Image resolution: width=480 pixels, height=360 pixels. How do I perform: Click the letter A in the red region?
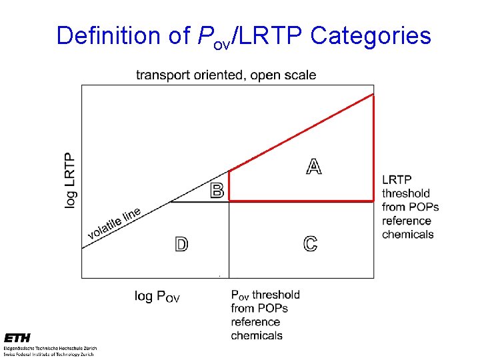(x=313, y=166)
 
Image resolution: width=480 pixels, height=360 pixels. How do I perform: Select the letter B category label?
(x=217, y=191)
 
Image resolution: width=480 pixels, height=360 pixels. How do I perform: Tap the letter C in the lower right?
(x=310, y=244)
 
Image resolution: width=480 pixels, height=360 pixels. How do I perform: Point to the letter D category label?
(x=181, y=245)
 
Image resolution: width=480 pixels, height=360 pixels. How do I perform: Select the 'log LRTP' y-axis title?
(x=70, y=180)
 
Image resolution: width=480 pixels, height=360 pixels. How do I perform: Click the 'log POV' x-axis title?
(x=157, y=296)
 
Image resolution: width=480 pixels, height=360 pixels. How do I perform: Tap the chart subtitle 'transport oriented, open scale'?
(x=226, y=75)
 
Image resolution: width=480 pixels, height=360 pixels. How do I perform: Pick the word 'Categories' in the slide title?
(x=371, y=35)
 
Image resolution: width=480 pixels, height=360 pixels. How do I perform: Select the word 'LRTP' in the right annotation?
(x=397, y=179)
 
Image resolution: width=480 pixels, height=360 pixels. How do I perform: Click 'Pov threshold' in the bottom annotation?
(x=265, y=295)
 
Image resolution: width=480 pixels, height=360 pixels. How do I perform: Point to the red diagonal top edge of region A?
(x=300, y=133)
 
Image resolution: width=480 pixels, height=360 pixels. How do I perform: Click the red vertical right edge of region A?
(x=373, y=147)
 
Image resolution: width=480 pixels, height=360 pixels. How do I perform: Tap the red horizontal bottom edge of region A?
(x=300, y=201)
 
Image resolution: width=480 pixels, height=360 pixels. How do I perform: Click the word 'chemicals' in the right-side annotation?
(x=407, y=235)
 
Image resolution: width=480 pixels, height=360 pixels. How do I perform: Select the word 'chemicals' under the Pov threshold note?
(x=257, y=335)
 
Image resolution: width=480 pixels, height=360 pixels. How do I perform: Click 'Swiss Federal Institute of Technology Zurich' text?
(x=49, y=354)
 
